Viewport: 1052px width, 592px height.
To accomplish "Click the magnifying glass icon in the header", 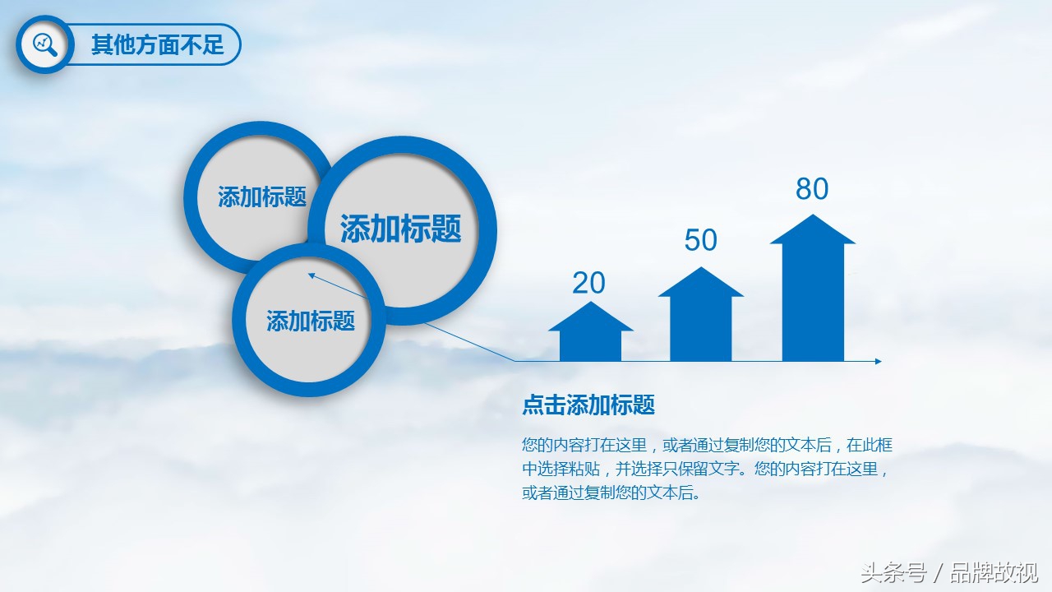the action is [45, 45].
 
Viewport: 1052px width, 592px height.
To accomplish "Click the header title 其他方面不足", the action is [157, 45].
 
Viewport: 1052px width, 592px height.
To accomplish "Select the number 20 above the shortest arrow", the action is [588, 283].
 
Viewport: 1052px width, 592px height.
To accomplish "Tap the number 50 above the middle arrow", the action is [700, 240].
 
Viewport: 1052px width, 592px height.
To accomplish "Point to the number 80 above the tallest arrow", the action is [812, 189].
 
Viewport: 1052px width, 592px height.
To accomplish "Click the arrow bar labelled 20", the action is [590, 331].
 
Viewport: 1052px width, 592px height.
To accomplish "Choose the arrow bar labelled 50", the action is [701, 314].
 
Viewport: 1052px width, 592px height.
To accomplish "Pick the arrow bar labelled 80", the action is [813, 288].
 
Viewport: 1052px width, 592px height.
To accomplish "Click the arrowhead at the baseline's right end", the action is [879, 361].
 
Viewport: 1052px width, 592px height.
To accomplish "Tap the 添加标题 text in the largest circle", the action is [400, 229].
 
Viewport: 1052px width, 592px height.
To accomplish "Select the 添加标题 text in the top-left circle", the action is [262, 197].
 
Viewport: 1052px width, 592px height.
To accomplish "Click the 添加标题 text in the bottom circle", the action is [311, 321].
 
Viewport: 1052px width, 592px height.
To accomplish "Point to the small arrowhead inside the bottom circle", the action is [311, 275].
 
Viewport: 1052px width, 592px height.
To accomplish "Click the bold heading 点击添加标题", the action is [588, 405].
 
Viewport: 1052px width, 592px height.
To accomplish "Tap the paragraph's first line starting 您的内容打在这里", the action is [707, 445].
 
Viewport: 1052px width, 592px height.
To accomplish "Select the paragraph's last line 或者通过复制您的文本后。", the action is [611, 493].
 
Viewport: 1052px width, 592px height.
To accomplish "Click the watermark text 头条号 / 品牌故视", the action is [949, 573].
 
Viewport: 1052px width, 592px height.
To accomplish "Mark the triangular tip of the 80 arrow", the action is [813, 215].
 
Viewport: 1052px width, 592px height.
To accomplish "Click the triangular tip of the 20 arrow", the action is [590, 302].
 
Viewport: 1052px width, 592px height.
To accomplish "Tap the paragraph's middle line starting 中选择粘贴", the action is [705, 469].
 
